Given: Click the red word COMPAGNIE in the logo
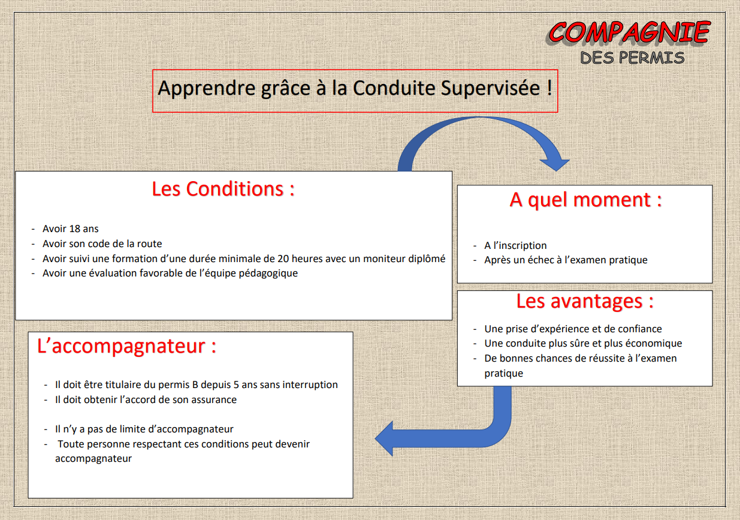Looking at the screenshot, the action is [629, 32].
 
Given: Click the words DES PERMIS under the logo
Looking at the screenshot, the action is [632, 58].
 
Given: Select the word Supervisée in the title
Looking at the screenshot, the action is [490, 88].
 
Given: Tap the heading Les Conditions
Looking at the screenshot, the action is [223, 189].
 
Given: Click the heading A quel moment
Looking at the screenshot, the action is [585, 200].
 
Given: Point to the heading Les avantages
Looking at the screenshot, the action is [585, 301].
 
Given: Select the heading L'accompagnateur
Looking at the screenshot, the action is [126, 346].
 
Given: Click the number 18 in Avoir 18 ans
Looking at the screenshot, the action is [75, 229].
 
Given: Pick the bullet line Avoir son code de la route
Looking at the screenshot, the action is [102, 244].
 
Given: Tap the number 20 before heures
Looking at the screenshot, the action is [283, 259].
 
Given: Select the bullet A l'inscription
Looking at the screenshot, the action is [515, 245].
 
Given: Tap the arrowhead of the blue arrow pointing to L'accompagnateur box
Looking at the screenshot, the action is [384, 438].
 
